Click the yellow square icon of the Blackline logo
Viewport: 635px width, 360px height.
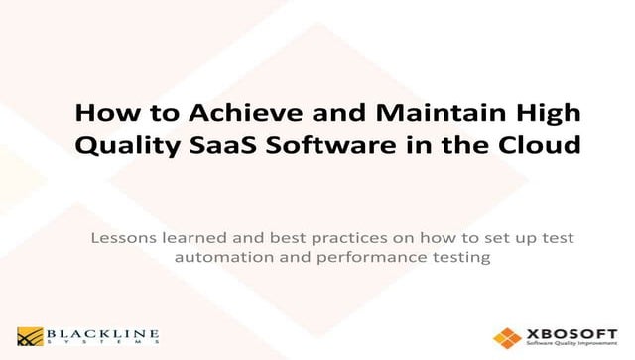[27, 335]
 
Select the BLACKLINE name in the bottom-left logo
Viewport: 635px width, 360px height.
[99, 332]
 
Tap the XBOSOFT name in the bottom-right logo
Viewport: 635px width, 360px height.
[564, 331]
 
